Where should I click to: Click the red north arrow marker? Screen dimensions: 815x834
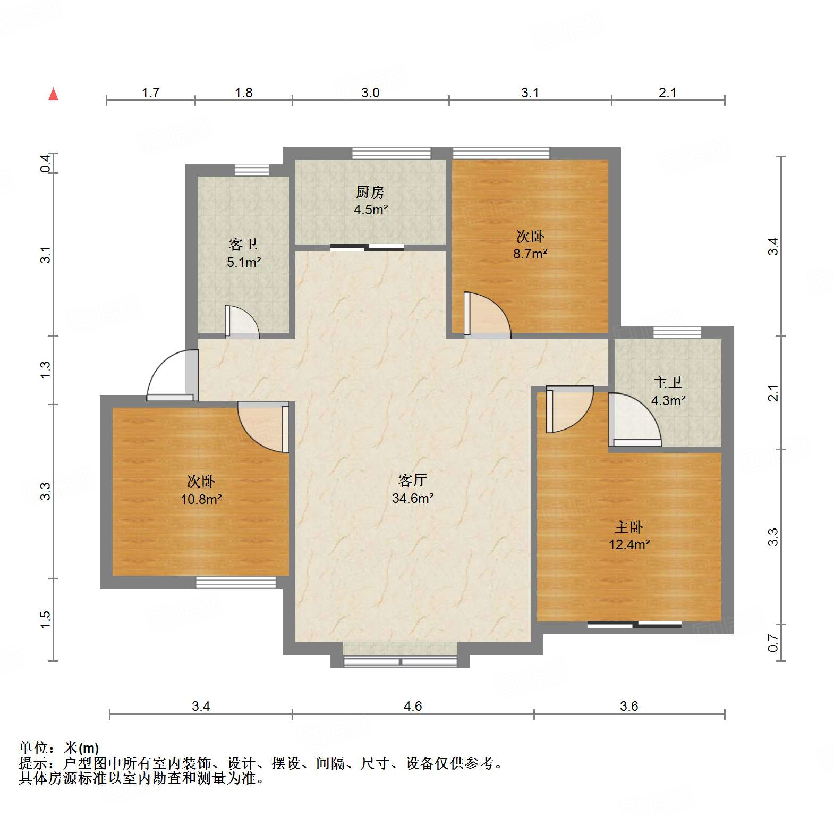point(54,95)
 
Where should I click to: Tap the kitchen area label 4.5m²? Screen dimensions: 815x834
point(371,210)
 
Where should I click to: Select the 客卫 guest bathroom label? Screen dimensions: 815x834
point(243,245)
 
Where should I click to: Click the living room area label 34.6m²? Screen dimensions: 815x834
point(413,499)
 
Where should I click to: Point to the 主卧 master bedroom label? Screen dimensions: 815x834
point(629,527)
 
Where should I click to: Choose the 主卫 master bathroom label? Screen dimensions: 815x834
point(668,383)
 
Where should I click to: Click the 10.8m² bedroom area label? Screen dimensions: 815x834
point(201,500)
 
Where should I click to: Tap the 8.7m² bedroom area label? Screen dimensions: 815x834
point(530,254)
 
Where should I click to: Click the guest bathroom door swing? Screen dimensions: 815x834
point(242,322)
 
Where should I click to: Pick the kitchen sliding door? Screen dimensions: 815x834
point(367,247)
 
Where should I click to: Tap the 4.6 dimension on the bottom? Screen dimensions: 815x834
point(413,706)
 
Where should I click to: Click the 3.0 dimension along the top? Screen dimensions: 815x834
point(370,93)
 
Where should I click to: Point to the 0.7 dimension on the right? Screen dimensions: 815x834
point(773,643)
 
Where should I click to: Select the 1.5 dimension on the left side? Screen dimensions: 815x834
point(45,619)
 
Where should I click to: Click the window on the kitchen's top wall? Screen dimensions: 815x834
point(392,153)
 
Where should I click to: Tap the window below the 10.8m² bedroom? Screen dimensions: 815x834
point(236,583)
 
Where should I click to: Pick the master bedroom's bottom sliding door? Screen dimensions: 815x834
point(635,624)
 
